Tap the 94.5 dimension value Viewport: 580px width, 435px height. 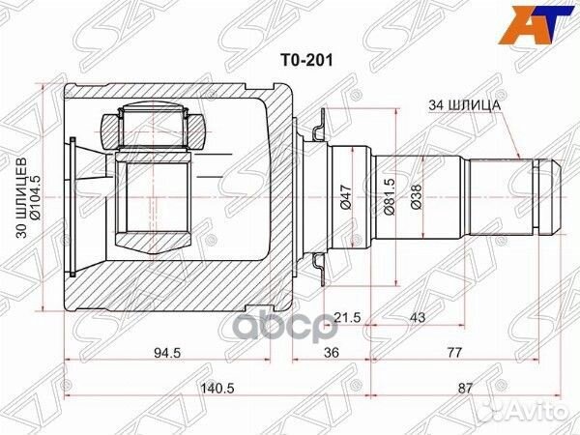[175, 352]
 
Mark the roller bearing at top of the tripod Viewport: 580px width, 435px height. [150, 127]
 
